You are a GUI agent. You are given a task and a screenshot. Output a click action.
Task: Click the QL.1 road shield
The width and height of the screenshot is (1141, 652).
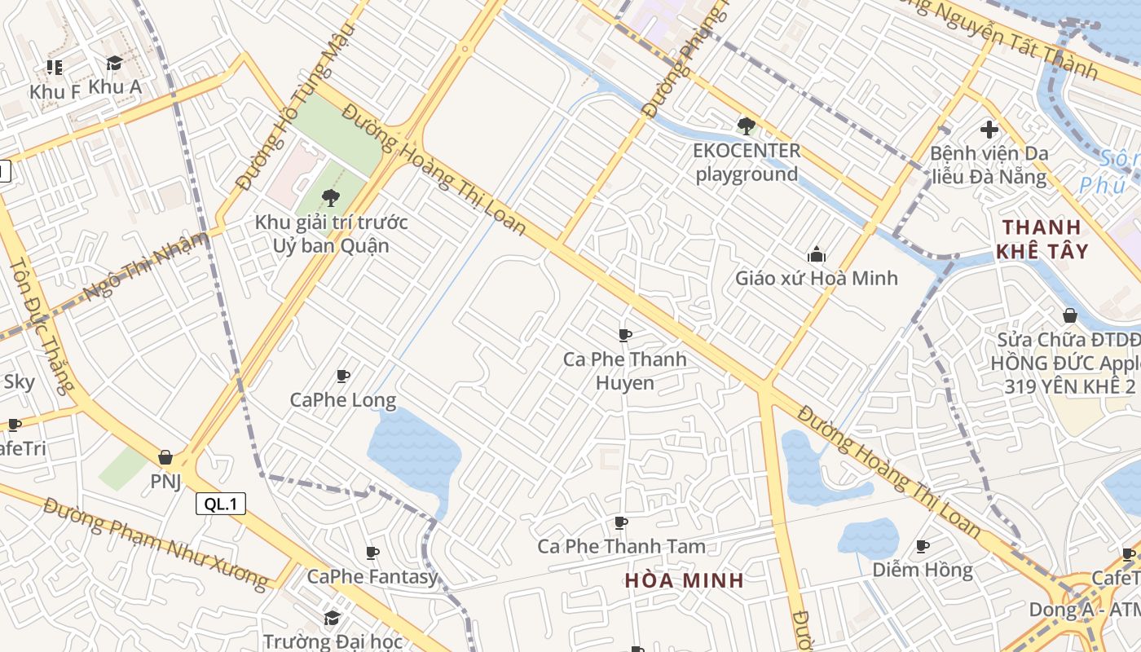[x=221, y=504]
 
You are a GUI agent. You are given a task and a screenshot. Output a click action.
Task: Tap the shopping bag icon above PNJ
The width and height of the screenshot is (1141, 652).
[x=165, y=457]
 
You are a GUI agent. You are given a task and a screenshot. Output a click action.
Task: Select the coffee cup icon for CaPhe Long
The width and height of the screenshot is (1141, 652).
[x=343, y=376]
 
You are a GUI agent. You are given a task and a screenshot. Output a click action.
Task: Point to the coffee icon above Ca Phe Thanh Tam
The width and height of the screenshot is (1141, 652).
[x=621, y=522]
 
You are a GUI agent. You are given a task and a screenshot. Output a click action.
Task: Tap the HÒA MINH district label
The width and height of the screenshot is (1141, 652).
[x=685, y=580]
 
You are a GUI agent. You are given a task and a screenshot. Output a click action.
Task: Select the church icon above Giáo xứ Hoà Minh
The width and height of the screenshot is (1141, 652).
[x=816, y=254]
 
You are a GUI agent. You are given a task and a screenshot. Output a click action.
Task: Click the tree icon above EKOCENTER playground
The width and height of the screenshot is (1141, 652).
[x=746, y=126]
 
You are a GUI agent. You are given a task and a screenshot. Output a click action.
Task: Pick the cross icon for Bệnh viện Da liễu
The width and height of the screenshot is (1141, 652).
[x=989, y=130]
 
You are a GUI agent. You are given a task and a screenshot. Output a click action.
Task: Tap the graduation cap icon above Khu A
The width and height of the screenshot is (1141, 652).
[x=114, y=64]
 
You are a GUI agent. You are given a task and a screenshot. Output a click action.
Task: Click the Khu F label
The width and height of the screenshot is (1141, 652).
[x=55, y=92]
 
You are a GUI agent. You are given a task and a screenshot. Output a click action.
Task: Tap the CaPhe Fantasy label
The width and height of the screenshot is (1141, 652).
[x=372, y=577]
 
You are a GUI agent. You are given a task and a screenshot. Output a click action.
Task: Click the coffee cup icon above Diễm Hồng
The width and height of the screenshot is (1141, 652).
[x=923, y=546]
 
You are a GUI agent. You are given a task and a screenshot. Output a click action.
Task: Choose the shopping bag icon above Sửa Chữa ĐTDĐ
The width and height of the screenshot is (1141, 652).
[x=1070, y=315]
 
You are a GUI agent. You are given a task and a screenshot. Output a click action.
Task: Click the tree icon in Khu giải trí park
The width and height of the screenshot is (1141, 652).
[x=331, y=196]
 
